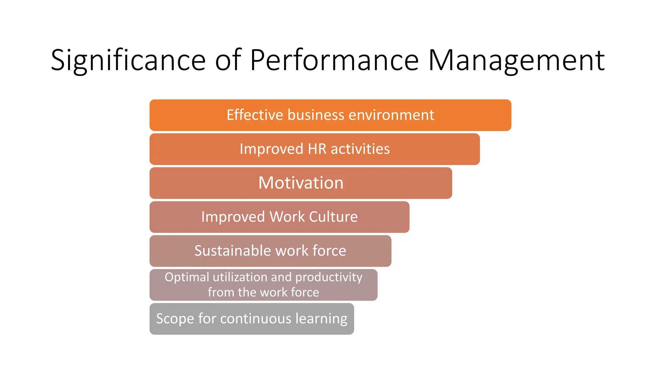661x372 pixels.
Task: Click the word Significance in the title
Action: tap(128, 60)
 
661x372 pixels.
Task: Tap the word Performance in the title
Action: tap(334, 60)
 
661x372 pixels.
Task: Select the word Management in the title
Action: tap(516, 60)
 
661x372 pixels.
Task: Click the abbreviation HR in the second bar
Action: tap(317, 149)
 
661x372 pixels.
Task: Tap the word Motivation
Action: tap(301, 183)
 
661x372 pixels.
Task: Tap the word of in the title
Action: tap(228, 60)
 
